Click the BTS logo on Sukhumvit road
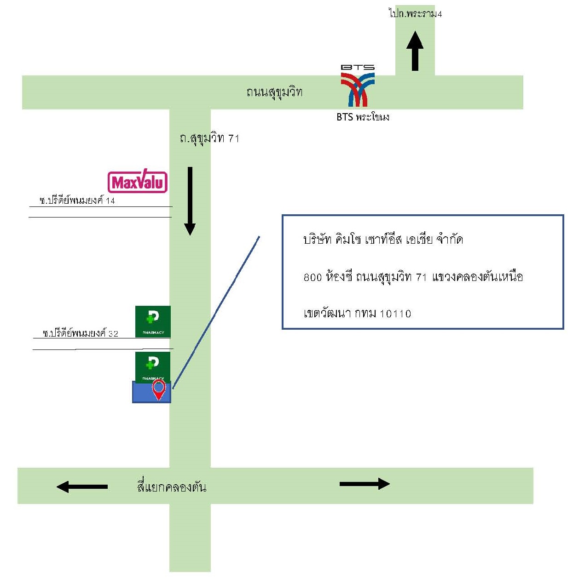[357, 86]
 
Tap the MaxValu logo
[137, 181]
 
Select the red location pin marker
[158, 389]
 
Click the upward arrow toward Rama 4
[415, 51]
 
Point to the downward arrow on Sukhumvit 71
[190, 201]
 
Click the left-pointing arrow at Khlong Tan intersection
[82, 486]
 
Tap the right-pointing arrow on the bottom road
[365, 484]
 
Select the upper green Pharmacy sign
[153, 321]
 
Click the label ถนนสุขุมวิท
[274, 92]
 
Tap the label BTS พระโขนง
[363, 117]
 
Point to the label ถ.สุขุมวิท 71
[209, 138]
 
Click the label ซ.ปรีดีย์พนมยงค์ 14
[77, 200]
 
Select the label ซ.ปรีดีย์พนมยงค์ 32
[81, 333]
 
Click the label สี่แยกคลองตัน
[172, 486]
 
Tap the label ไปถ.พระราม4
[415, 13]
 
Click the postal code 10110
[395, 314]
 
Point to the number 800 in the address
[313, 277]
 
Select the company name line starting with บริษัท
[383, 240]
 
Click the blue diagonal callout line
[216, 312]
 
